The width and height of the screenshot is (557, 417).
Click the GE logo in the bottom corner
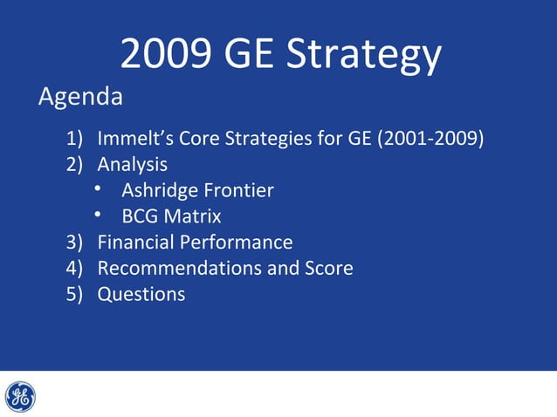(x=20, y=397)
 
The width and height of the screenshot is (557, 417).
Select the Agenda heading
(x=80, y=97)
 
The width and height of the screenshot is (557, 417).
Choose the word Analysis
(x=133, y=163)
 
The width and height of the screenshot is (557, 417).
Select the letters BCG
(x=140, y=215)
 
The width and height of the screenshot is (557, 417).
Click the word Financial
(x=135, y=242)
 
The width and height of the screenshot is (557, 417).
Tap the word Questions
(x=141, y=294)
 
